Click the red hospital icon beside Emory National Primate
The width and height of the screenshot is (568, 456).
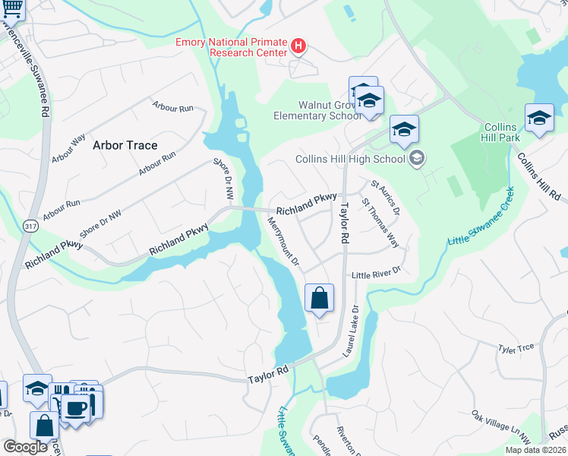coord(298,47)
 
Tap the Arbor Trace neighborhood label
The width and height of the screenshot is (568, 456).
coord(125,144)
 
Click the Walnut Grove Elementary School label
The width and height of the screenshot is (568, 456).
coord(317,116)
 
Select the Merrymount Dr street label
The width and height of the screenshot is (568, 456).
coord(284,241)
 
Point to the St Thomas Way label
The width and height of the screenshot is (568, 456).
coord(380,223)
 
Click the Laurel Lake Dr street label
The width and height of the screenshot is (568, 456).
coord(351,331)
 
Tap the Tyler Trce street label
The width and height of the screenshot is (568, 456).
coord(516,349)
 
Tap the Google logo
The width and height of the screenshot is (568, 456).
coord(25,447)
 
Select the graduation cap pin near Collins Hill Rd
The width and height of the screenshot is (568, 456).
coord(539,119)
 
